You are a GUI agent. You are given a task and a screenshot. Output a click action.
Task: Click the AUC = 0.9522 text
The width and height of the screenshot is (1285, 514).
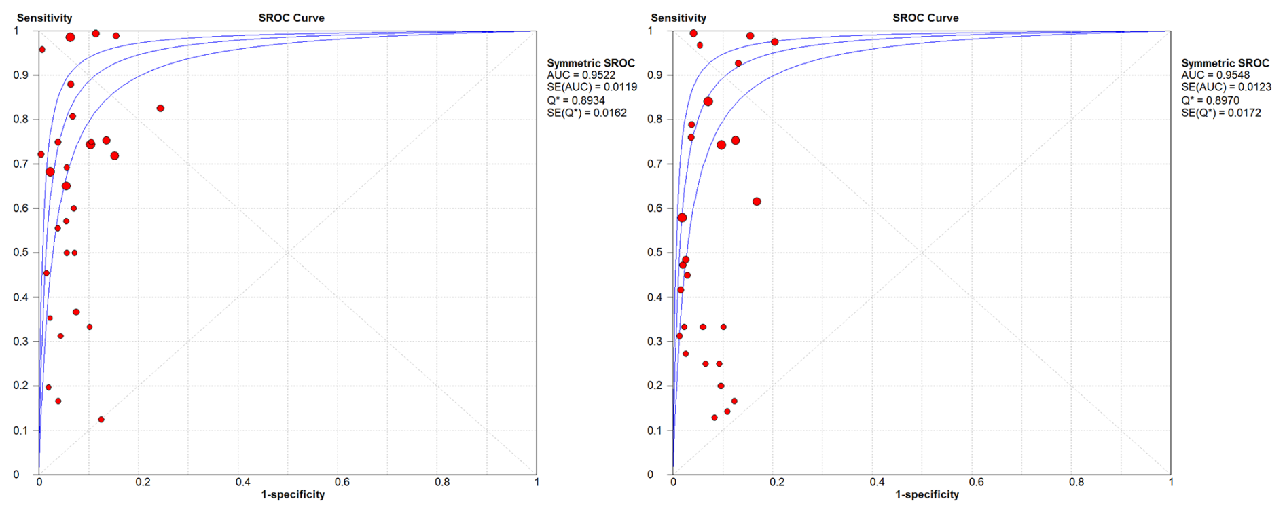[581, 75]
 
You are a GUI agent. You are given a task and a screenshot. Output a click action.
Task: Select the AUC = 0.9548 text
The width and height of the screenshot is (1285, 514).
[1215, 75]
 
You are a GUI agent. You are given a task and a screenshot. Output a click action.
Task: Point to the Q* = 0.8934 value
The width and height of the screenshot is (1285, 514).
[576, 100]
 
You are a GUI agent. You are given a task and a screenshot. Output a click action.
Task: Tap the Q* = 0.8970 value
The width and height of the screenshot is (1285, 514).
[1210, 100]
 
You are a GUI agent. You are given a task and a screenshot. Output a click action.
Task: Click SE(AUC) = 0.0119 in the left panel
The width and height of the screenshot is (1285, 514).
[592, 87]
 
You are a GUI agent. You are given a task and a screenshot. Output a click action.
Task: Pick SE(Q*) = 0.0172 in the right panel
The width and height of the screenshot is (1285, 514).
[1220, 113]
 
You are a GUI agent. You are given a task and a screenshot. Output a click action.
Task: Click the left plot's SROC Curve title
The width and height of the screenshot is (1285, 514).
[291, 18]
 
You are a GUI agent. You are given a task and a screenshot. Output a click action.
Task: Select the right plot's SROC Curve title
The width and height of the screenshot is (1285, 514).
[925, 18]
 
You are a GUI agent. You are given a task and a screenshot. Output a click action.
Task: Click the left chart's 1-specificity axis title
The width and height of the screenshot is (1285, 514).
[293, 494]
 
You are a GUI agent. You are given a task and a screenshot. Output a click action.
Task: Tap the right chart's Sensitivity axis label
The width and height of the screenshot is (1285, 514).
[678, 18]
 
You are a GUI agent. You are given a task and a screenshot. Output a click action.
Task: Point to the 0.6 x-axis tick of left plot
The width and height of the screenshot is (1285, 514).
[342, 482]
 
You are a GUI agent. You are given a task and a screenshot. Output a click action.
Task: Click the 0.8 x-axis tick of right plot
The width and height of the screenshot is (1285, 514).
[1076, 482]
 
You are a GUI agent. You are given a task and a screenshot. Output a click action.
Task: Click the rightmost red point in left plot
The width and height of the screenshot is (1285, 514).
[160, 109]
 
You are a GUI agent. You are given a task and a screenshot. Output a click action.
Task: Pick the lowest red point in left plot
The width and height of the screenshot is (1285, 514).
[101, 420]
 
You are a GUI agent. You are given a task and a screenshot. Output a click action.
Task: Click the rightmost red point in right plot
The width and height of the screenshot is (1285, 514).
[774, 42]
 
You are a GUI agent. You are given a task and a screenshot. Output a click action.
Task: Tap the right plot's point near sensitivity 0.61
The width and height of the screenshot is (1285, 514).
[757, 202]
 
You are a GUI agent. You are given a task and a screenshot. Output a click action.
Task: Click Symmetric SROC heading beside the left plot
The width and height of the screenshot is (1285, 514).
[591, 62]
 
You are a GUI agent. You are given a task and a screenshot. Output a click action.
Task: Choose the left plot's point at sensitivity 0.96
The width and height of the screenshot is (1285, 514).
[42, 50]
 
